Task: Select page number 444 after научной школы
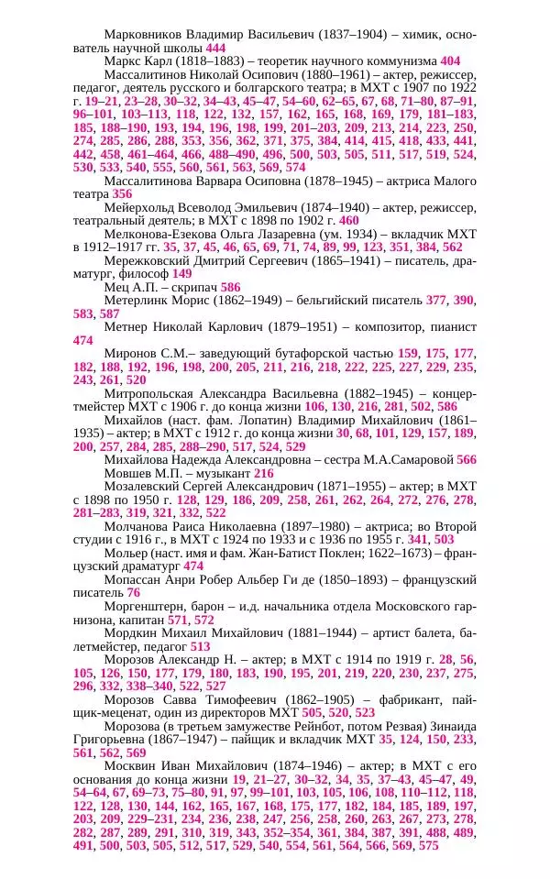click(x=216, y=48)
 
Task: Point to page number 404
click(x=450, y=60)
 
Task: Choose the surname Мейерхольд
click(x=147, y=207)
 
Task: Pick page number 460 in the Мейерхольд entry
click(x=349, y=221)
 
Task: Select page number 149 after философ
click(x=182, y=273)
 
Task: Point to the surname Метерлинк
click(x=137, y=300)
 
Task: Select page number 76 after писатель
click(x=134, y=593)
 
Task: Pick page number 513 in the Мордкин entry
click(x=201, y=646)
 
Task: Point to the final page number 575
click(x=429, y=845)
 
